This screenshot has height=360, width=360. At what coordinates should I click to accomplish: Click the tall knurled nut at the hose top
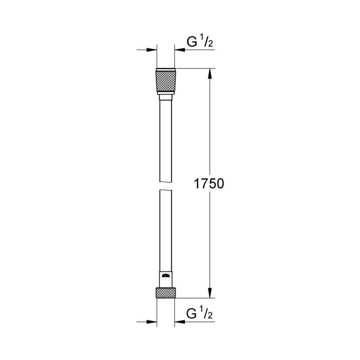coord(166,83)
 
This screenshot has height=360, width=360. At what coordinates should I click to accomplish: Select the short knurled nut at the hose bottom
coord(166,292)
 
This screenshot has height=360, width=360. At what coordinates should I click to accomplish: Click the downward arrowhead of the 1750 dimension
coord(210,292)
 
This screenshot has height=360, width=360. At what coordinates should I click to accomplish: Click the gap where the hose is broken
coord(166,186)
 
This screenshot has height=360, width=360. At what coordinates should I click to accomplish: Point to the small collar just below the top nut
coord(166,97)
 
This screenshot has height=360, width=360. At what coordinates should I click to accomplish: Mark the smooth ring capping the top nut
coord(166,69)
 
